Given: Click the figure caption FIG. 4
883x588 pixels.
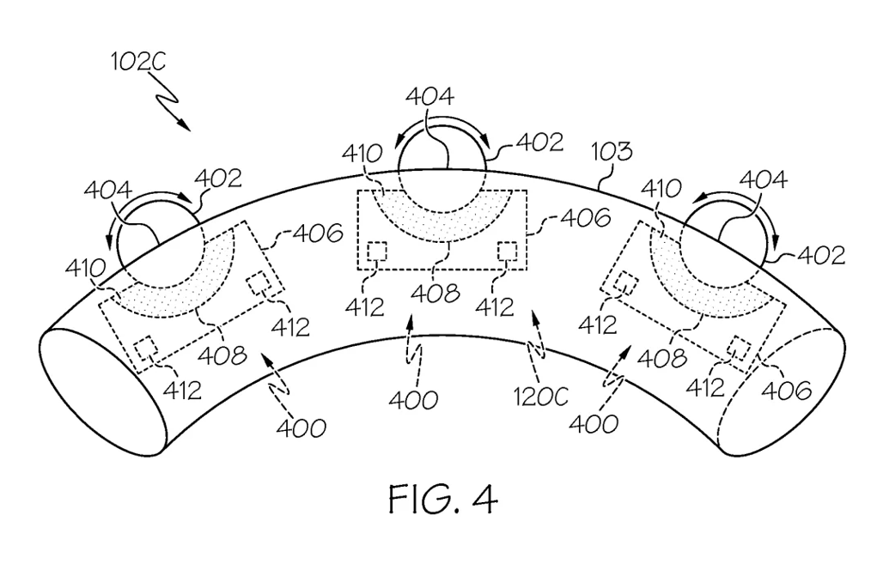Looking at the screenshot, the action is tap(443, 499).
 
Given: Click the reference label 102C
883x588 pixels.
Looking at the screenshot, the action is tap(138, 62).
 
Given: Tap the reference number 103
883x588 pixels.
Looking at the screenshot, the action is tap(612, 152).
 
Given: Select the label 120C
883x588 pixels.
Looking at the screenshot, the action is tap(540, 397).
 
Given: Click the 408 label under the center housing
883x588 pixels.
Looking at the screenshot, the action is tap(435, 294).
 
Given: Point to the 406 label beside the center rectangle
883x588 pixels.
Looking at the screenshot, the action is tap(585, 218).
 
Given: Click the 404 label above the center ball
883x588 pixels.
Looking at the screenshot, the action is tap(429, 97).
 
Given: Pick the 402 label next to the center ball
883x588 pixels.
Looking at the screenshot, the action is tap(539, 142).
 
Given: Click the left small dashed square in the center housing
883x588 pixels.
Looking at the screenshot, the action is tap(377, 251).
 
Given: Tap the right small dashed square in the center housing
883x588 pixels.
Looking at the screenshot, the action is tap(508, 251).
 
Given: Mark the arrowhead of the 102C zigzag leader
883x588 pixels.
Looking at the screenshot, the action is tap(186, 126).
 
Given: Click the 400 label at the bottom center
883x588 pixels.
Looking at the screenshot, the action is tap(413, 401).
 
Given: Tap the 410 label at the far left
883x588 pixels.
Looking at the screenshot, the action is tap(85, 269).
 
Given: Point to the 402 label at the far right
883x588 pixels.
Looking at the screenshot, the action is tap(821, 256).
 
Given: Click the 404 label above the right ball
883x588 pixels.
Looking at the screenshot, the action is tap(763, 180).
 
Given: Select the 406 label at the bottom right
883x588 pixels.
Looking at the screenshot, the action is tap(787, 390).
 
